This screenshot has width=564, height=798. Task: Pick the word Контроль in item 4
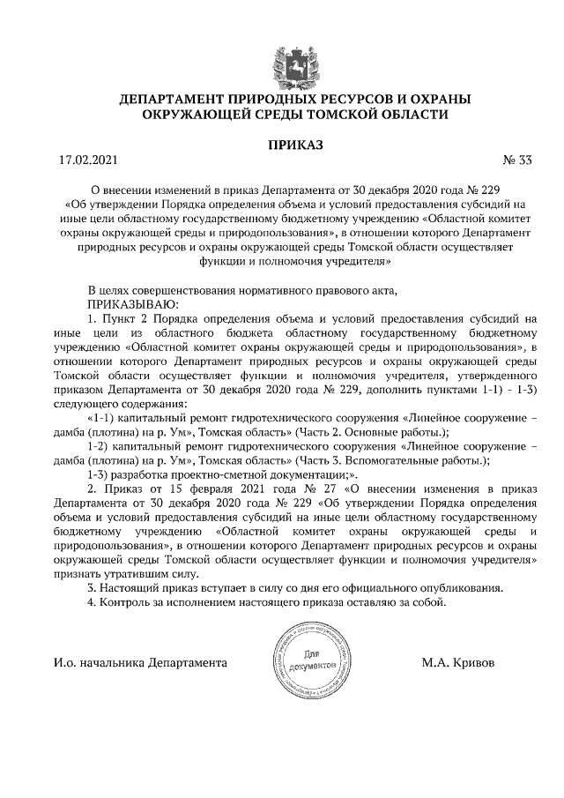[127, 602]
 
